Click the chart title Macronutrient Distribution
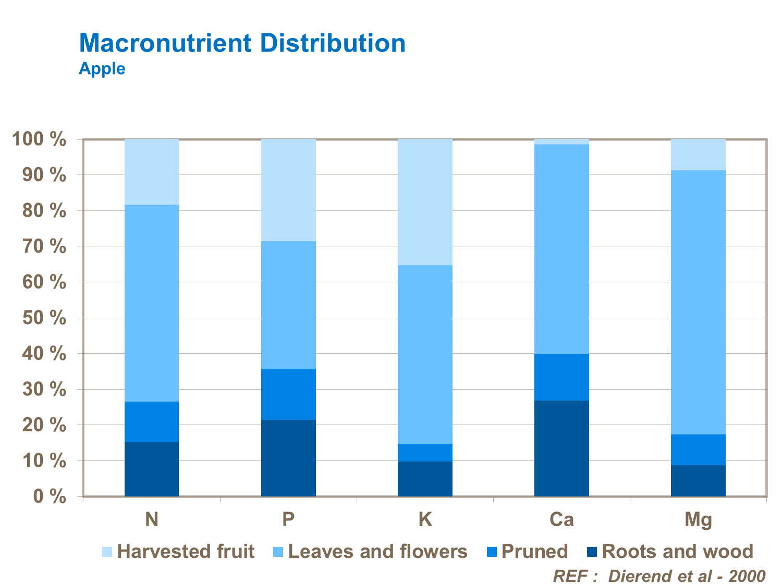pos(242,43)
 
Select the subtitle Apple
pos(102,69)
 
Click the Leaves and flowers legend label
pos(377,552)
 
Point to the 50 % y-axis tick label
pos(44,318)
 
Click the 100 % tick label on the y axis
pos(40,140)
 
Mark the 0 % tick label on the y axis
pos(50,496)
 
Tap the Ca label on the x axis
pos(561,519)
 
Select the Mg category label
pos(698,520)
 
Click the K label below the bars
pos(425,519)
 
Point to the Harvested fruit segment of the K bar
pos(425,202)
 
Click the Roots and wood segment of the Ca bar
pos(561,448)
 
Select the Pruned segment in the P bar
pos(288,394)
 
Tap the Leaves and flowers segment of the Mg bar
pos(698,302)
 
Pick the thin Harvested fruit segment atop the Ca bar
pos(561,142)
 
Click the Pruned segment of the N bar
pos(152,421)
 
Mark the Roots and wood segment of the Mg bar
pos(698,480)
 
